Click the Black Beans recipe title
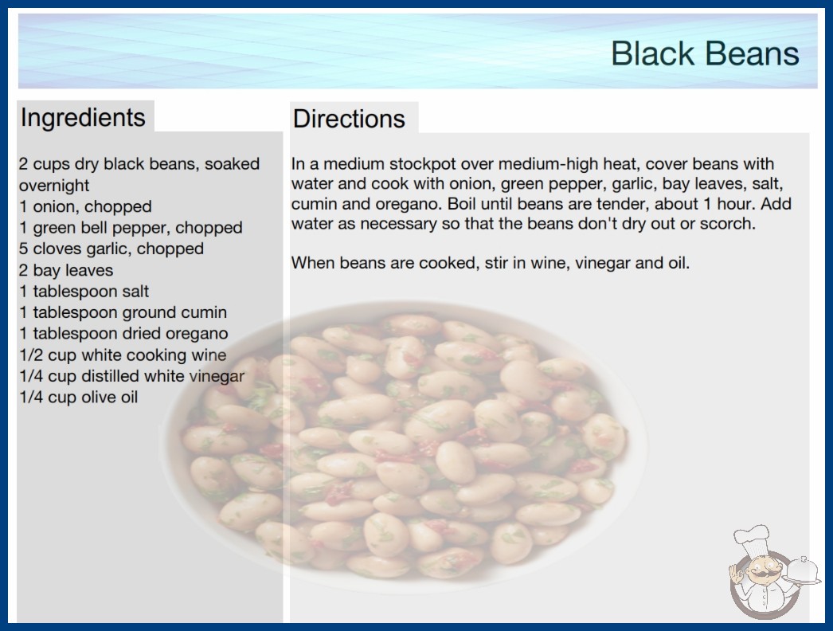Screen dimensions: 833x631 pos(705,53)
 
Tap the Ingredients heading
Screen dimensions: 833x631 pos(83,117)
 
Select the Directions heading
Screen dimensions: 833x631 pos(349,119)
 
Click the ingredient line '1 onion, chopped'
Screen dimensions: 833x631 pos(85,206)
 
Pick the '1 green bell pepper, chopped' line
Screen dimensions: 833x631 pos(131,228)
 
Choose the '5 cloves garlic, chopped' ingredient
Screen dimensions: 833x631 pos(111,249)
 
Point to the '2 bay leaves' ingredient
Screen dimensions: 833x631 pos(66,270)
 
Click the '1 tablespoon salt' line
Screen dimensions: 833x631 pos(84,292)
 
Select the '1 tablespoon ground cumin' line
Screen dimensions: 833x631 pos(123,312)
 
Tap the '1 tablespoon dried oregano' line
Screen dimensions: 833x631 pos(123,333)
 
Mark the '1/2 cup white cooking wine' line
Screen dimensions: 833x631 pos(123,355)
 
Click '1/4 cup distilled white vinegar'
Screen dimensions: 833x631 pos(131,376)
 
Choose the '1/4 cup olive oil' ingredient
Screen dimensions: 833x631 pos(79,397)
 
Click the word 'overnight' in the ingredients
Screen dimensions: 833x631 pos(54,186)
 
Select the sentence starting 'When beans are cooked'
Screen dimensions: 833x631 pos(491,263)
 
